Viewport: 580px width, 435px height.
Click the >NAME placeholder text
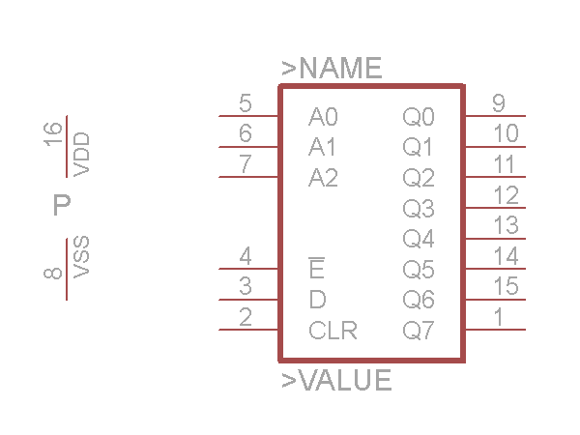pos(332,69)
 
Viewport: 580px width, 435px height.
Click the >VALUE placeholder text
pos(336,381)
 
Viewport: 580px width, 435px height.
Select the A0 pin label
pos(323,118)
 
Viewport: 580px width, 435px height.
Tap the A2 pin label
pos(323,179)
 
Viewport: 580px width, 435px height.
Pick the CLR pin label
pos(333,331)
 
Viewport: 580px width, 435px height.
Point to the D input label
pos(317,300)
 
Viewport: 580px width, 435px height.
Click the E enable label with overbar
pos(316,269)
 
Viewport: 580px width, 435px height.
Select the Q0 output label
pos(419,118)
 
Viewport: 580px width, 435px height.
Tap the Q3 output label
pos(419,209)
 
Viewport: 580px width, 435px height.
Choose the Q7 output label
pos(419,331)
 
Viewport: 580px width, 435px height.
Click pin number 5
pos(246,103)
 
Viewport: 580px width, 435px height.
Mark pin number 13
pos(505,225)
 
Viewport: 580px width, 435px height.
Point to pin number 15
pos(505,286)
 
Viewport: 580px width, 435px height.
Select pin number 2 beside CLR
pos(246,316)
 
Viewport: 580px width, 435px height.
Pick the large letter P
pos(62,205)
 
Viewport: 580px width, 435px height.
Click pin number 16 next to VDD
pos(54,133)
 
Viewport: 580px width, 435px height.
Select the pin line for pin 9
pos(495,116)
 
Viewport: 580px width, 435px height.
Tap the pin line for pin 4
pos(248,269)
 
